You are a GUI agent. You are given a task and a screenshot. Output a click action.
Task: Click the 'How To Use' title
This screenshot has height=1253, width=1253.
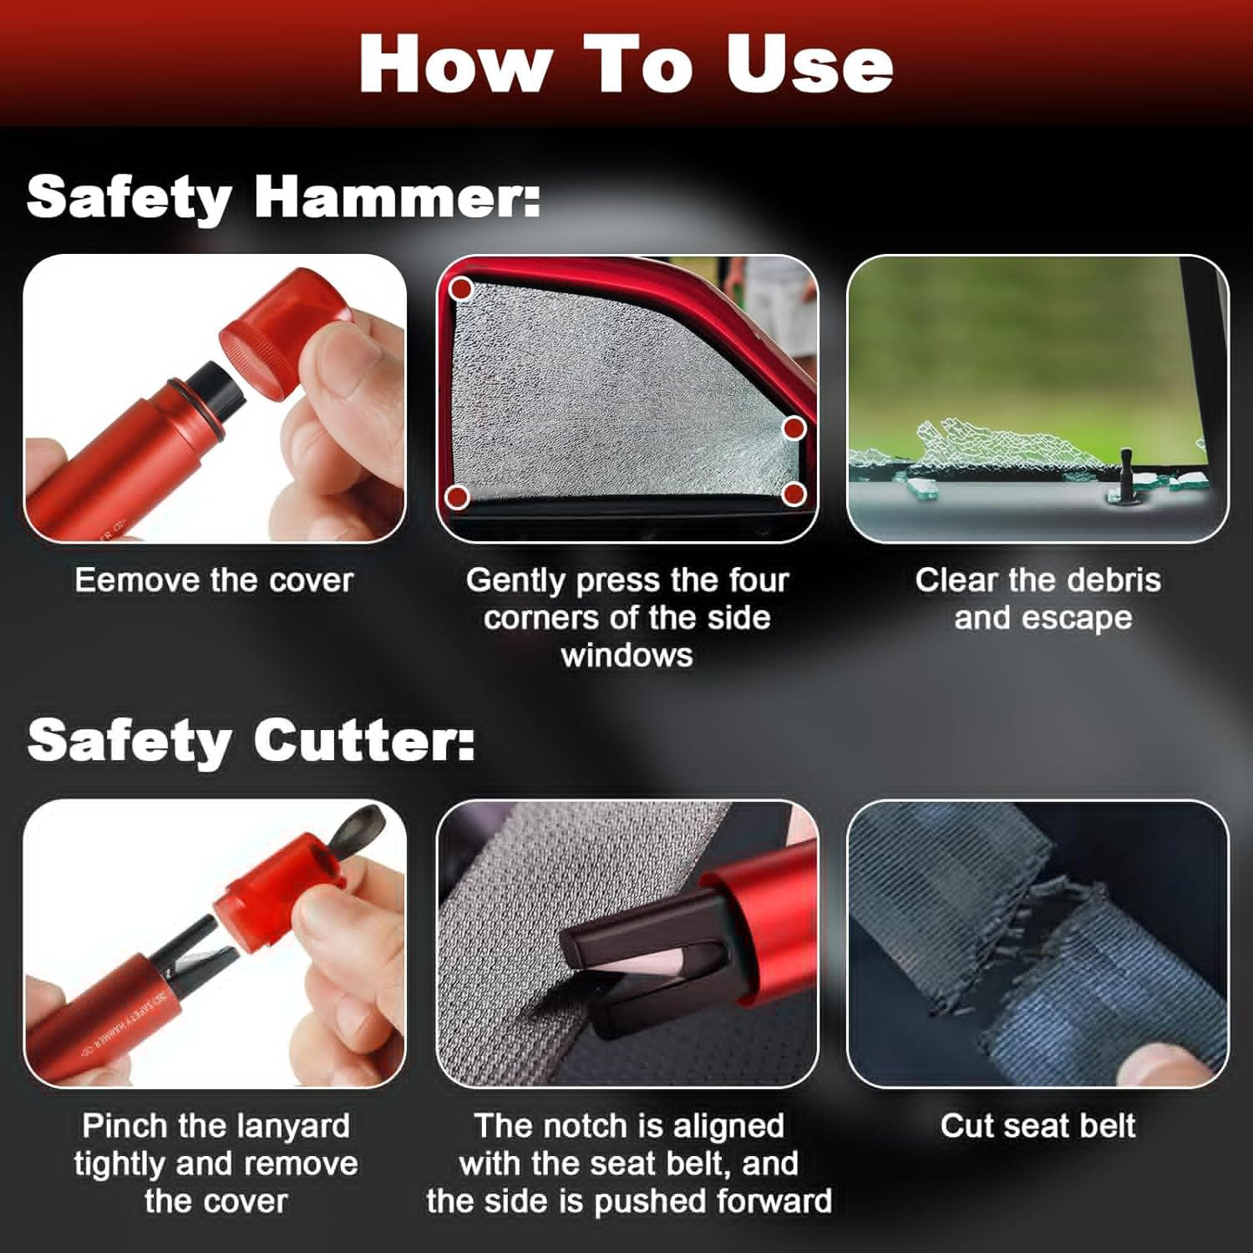click(x=626, y=64)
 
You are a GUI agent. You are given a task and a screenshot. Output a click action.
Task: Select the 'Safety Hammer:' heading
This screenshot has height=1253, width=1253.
click(x=283, y=197)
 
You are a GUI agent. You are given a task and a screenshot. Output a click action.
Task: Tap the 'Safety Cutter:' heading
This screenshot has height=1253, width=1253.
click(x=251, y=740)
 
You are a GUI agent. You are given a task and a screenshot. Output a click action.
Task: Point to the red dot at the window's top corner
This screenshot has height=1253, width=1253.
click(x=461, y=290)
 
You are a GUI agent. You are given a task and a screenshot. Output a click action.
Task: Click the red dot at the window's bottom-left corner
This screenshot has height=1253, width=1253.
click(x=456, y=496)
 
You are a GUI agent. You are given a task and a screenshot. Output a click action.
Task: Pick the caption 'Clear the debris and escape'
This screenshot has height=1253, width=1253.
click(x=1038, y=599)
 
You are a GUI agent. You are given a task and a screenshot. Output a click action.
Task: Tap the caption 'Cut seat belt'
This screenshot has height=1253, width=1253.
click(x=1037, y=1125)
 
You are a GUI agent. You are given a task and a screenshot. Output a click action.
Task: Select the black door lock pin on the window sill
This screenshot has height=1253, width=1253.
click(x=1125, y=476)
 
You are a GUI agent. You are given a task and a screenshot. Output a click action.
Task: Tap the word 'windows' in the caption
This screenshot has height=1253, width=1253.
click(x=626, y=655)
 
